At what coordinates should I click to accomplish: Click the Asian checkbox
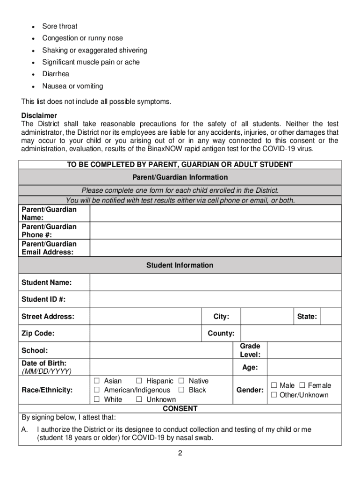(97, 381)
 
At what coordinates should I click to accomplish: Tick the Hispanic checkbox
(139, 381)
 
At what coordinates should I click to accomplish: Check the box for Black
(182, 390)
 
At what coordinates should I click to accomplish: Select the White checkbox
(97, 399)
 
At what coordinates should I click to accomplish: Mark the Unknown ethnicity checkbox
(139, 399)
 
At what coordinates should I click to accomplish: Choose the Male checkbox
(274, 385)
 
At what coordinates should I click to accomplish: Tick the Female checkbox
(302, 385)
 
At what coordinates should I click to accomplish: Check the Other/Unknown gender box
(274, 395)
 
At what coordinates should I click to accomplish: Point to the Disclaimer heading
(39, 116)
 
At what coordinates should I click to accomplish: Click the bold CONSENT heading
(180, 408)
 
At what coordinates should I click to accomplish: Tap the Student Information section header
(180, 265)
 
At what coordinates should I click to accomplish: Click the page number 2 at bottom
(180, 453)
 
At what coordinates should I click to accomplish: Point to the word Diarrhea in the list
(56, 74)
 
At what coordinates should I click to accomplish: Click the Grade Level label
(250, 350)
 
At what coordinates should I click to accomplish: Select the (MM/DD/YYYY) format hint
(46, 371)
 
